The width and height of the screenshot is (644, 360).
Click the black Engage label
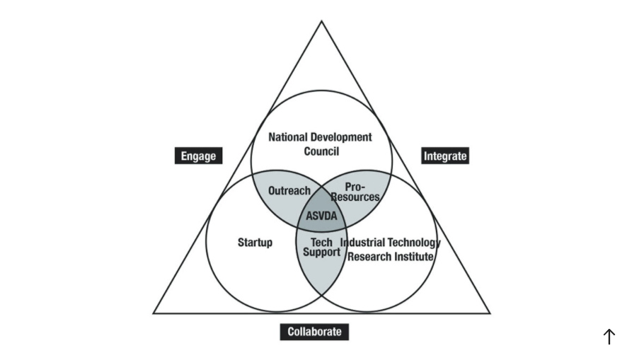pos(198,156)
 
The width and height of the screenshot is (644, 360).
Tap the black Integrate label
pos(445,156)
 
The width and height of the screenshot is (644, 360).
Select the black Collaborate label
pos(314,331)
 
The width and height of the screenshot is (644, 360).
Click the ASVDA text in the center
pos(321,216)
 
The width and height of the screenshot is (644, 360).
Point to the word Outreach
pos(289,191)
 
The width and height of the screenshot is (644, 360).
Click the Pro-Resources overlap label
pos(355,192)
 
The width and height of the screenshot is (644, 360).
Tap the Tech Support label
pos(321,248)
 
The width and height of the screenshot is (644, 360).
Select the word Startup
pos(255,243)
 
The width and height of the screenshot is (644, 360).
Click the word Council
pos(321,151)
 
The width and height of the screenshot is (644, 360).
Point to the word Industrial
pos(365,243)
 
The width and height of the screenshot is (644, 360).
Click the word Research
pos(369,256)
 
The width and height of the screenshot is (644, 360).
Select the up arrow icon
pos(609,337)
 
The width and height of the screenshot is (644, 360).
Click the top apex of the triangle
pos(322,21)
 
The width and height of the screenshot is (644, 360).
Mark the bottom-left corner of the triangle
pos(154,313)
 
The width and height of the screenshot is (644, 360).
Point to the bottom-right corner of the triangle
pos(489,313)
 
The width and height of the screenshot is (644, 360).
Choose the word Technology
pos(415,243)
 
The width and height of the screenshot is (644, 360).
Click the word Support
pos(321,252)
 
